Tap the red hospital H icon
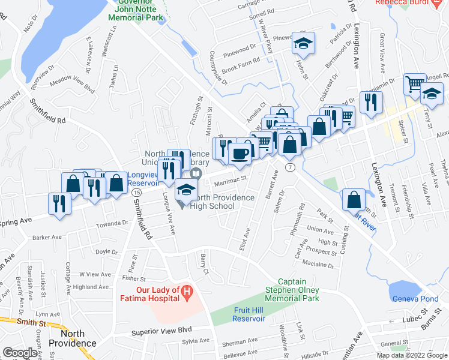pos(187,293)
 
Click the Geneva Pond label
pos(415,299)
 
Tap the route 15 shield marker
pos(137,191)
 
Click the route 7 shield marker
pos(290,166)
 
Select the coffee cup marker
pos(241,154)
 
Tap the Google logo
pos(20,353)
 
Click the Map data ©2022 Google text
pos(412,355)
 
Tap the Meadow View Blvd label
pos(72,84)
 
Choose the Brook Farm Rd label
pos(240,60)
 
